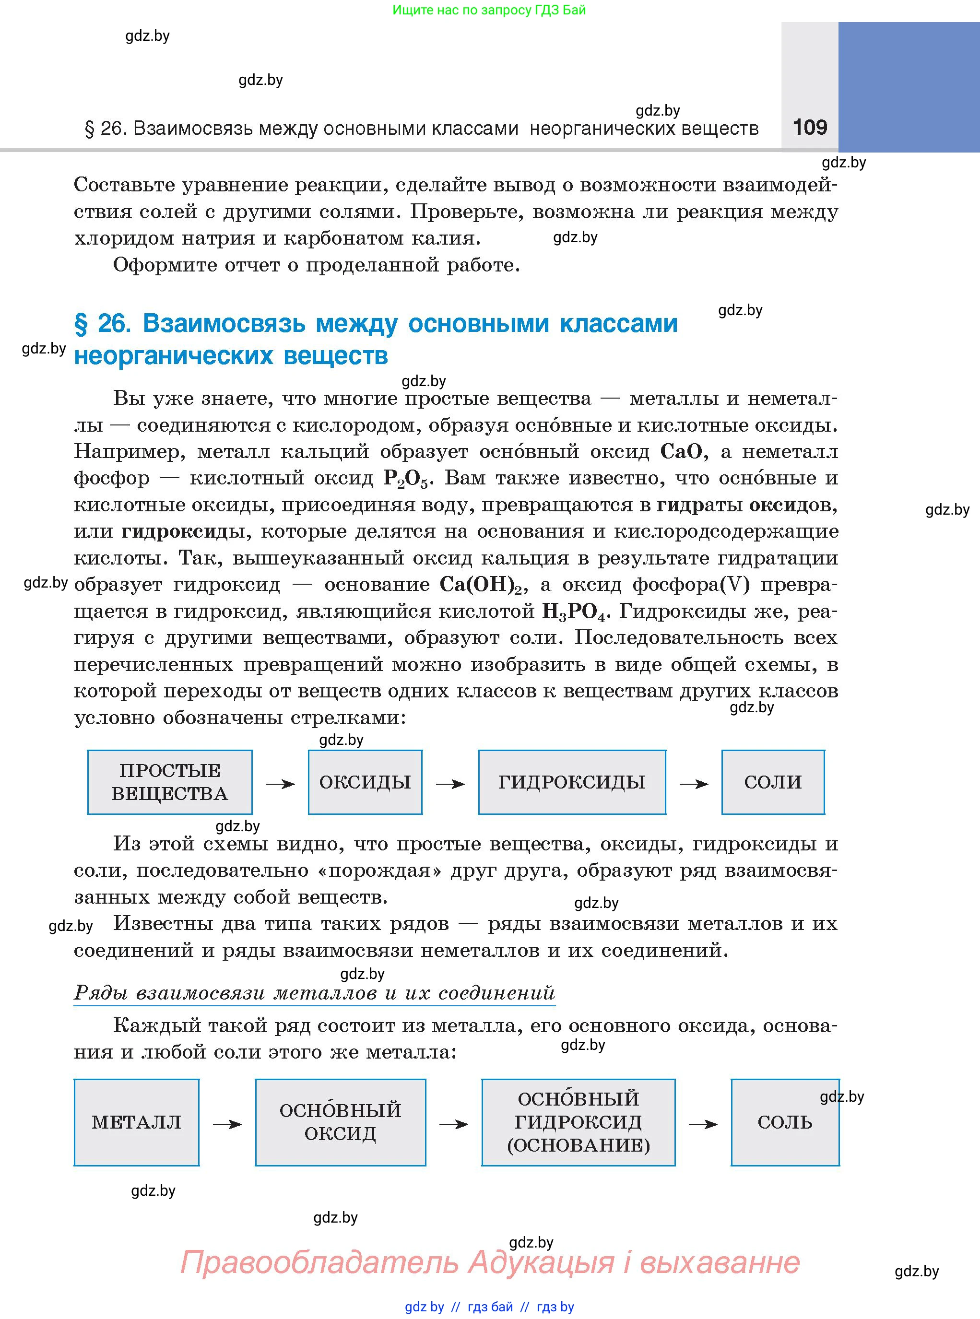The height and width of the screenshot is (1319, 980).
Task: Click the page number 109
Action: [x=810, y=127]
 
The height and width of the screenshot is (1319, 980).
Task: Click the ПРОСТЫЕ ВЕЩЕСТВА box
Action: [x=170, y=782]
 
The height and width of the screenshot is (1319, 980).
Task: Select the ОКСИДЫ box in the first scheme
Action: [x=365, y=782]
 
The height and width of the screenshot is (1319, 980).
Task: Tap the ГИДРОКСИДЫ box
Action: [x=571, y=782]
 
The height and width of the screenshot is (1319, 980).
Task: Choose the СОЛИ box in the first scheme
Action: [x=772, y=782]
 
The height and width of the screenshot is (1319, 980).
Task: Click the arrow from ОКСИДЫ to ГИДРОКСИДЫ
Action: [x=450, y=784]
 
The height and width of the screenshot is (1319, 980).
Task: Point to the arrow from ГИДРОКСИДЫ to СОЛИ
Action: [x=694, y=784]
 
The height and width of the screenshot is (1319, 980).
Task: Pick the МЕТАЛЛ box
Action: [x=136, y=1122]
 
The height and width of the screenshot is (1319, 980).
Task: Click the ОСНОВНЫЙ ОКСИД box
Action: [x=340, y=1122]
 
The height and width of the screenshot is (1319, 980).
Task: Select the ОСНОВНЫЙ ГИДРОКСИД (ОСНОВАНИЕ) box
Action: [x=578, y=1122]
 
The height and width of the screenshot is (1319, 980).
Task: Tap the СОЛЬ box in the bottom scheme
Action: [x=784, y=1122]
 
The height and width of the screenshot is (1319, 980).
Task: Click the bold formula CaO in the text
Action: [x=681, y=452]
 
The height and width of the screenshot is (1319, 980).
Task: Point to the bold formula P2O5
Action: [x=405, y=479]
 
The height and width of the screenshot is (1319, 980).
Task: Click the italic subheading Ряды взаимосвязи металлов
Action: [x=314, y=993]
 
